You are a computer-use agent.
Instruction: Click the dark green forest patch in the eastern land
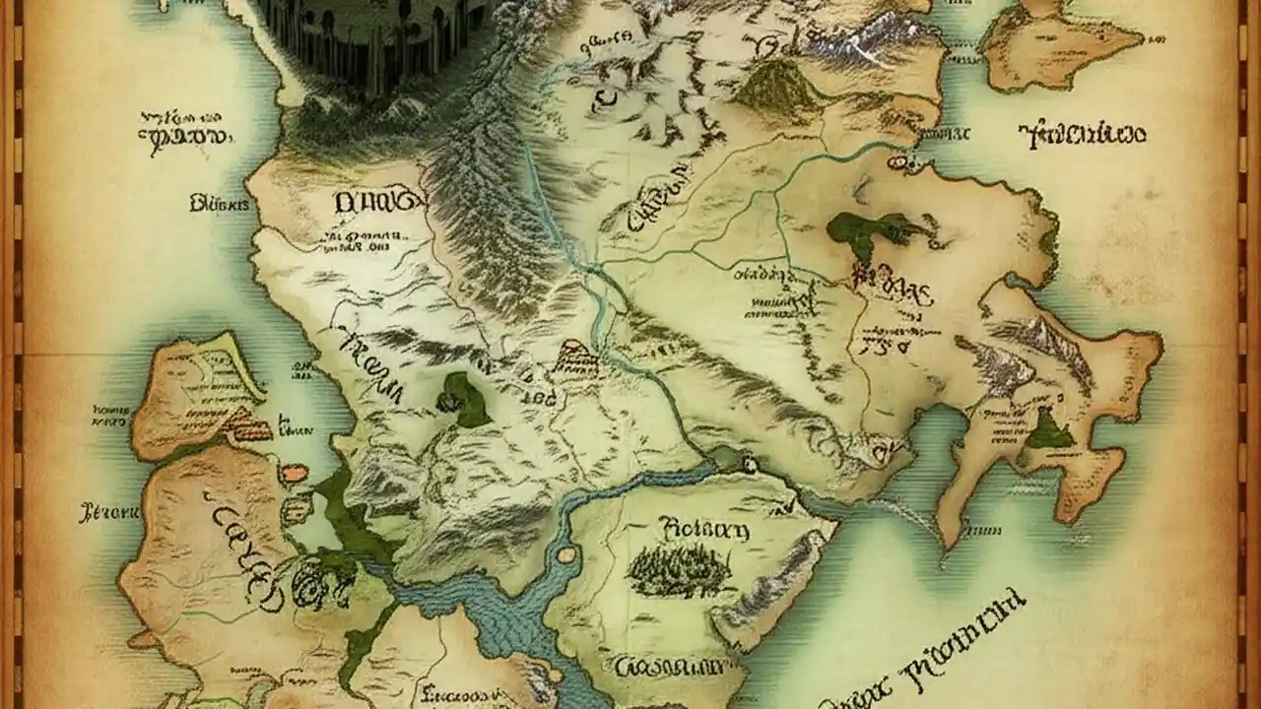click(872, 232)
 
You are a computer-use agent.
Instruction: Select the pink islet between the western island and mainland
click(294, 474)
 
